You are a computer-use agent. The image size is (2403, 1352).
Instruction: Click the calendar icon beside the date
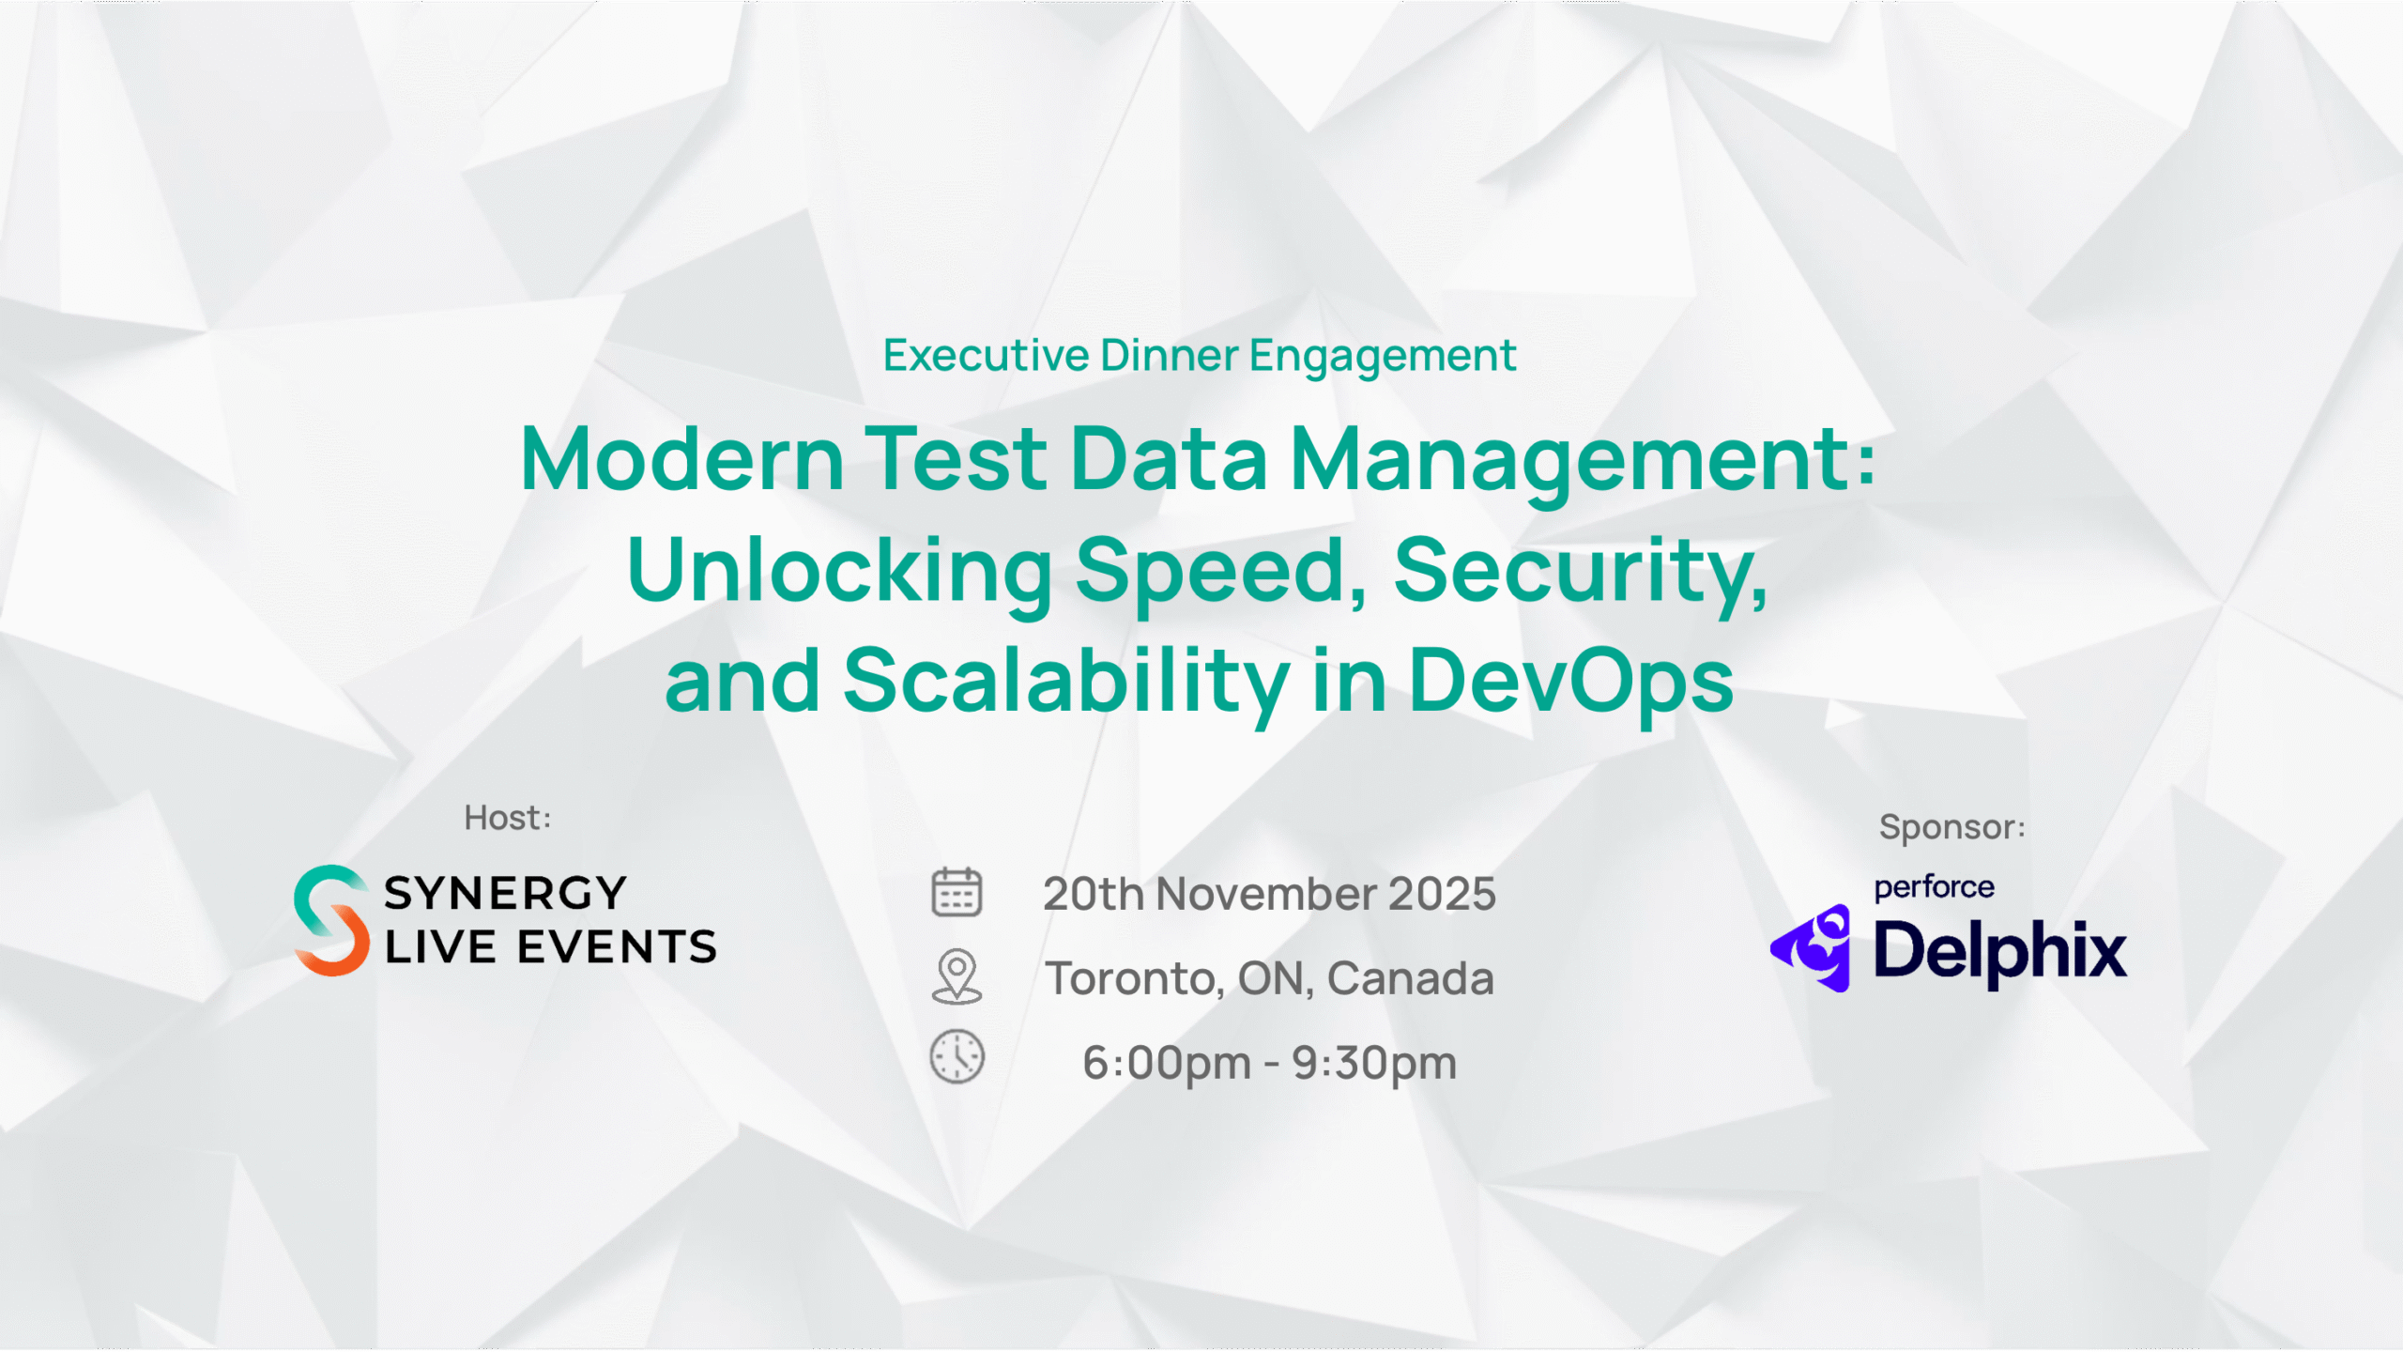957,892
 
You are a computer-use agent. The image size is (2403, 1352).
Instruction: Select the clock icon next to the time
957,1057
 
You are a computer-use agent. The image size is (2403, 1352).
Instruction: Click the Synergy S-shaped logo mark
330,920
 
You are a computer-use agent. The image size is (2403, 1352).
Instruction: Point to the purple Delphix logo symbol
1811,948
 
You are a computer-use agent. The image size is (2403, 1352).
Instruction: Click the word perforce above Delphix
1934,887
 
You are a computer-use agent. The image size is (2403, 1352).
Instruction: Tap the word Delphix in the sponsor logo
2000,951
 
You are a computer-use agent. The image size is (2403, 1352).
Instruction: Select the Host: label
508,818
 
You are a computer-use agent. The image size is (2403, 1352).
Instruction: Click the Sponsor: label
1952,827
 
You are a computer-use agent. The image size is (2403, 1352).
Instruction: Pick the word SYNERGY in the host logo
505,893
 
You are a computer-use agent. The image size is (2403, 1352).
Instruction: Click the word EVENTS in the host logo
618,946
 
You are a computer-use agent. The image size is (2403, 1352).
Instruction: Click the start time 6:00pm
1167,1063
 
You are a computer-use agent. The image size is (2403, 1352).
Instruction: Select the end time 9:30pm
1374,1063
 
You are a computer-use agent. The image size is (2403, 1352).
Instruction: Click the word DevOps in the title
1570,681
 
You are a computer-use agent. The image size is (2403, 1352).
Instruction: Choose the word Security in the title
1581,573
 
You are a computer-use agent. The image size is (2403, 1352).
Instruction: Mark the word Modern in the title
682,459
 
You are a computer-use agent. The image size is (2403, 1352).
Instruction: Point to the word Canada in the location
1410,978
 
